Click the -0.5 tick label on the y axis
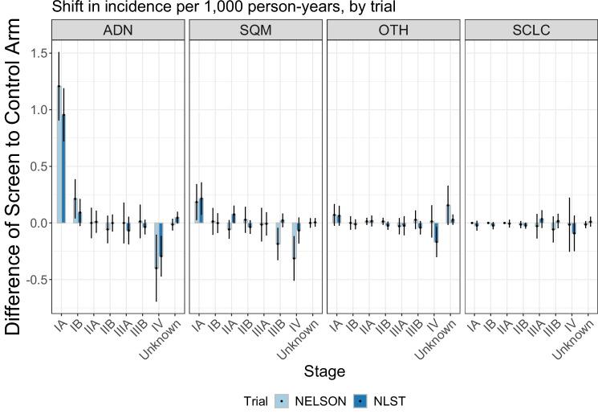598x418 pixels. (35, 280)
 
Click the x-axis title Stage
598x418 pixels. (325, 371)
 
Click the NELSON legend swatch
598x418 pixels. (281, 400)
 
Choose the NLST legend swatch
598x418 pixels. (360, 400)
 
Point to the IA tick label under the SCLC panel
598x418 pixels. (474, 326)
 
